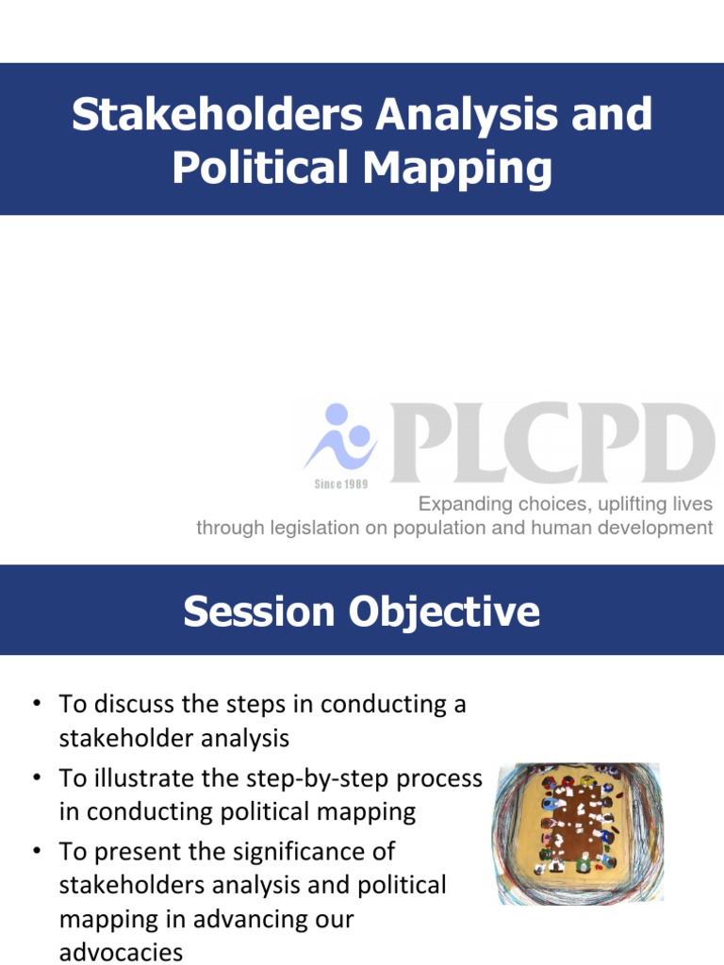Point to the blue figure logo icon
[339, 438]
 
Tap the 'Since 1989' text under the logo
[340, 483]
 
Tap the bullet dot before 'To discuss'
[36, 705]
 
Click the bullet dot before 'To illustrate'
[36, 778]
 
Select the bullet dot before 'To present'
[36, 852]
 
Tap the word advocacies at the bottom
[121, 952]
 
